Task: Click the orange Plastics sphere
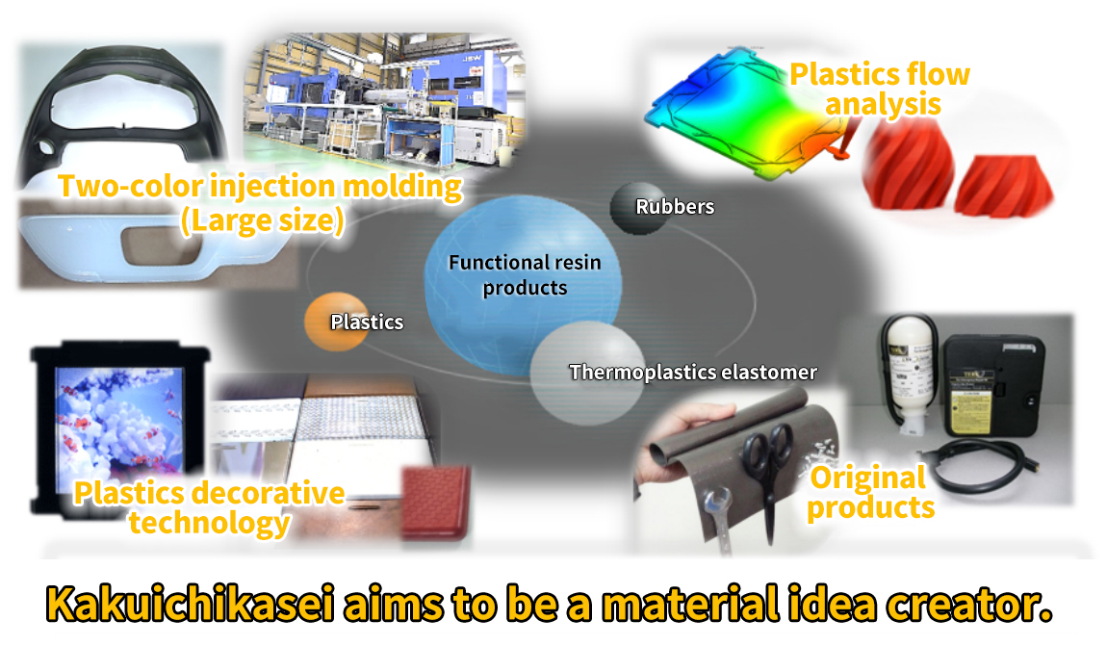[337, 322]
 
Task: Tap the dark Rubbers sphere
[639, 208]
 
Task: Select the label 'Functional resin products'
[525, 274]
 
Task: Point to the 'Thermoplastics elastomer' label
[692, 372]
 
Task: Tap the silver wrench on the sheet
[718, 519]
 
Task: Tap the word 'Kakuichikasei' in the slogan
[190, 605]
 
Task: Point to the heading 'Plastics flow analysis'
[880, 89]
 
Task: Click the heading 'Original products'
[870, 492]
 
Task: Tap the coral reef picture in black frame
[120, 424]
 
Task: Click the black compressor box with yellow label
[993, 385]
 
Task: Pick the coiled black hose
[982, 467]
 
